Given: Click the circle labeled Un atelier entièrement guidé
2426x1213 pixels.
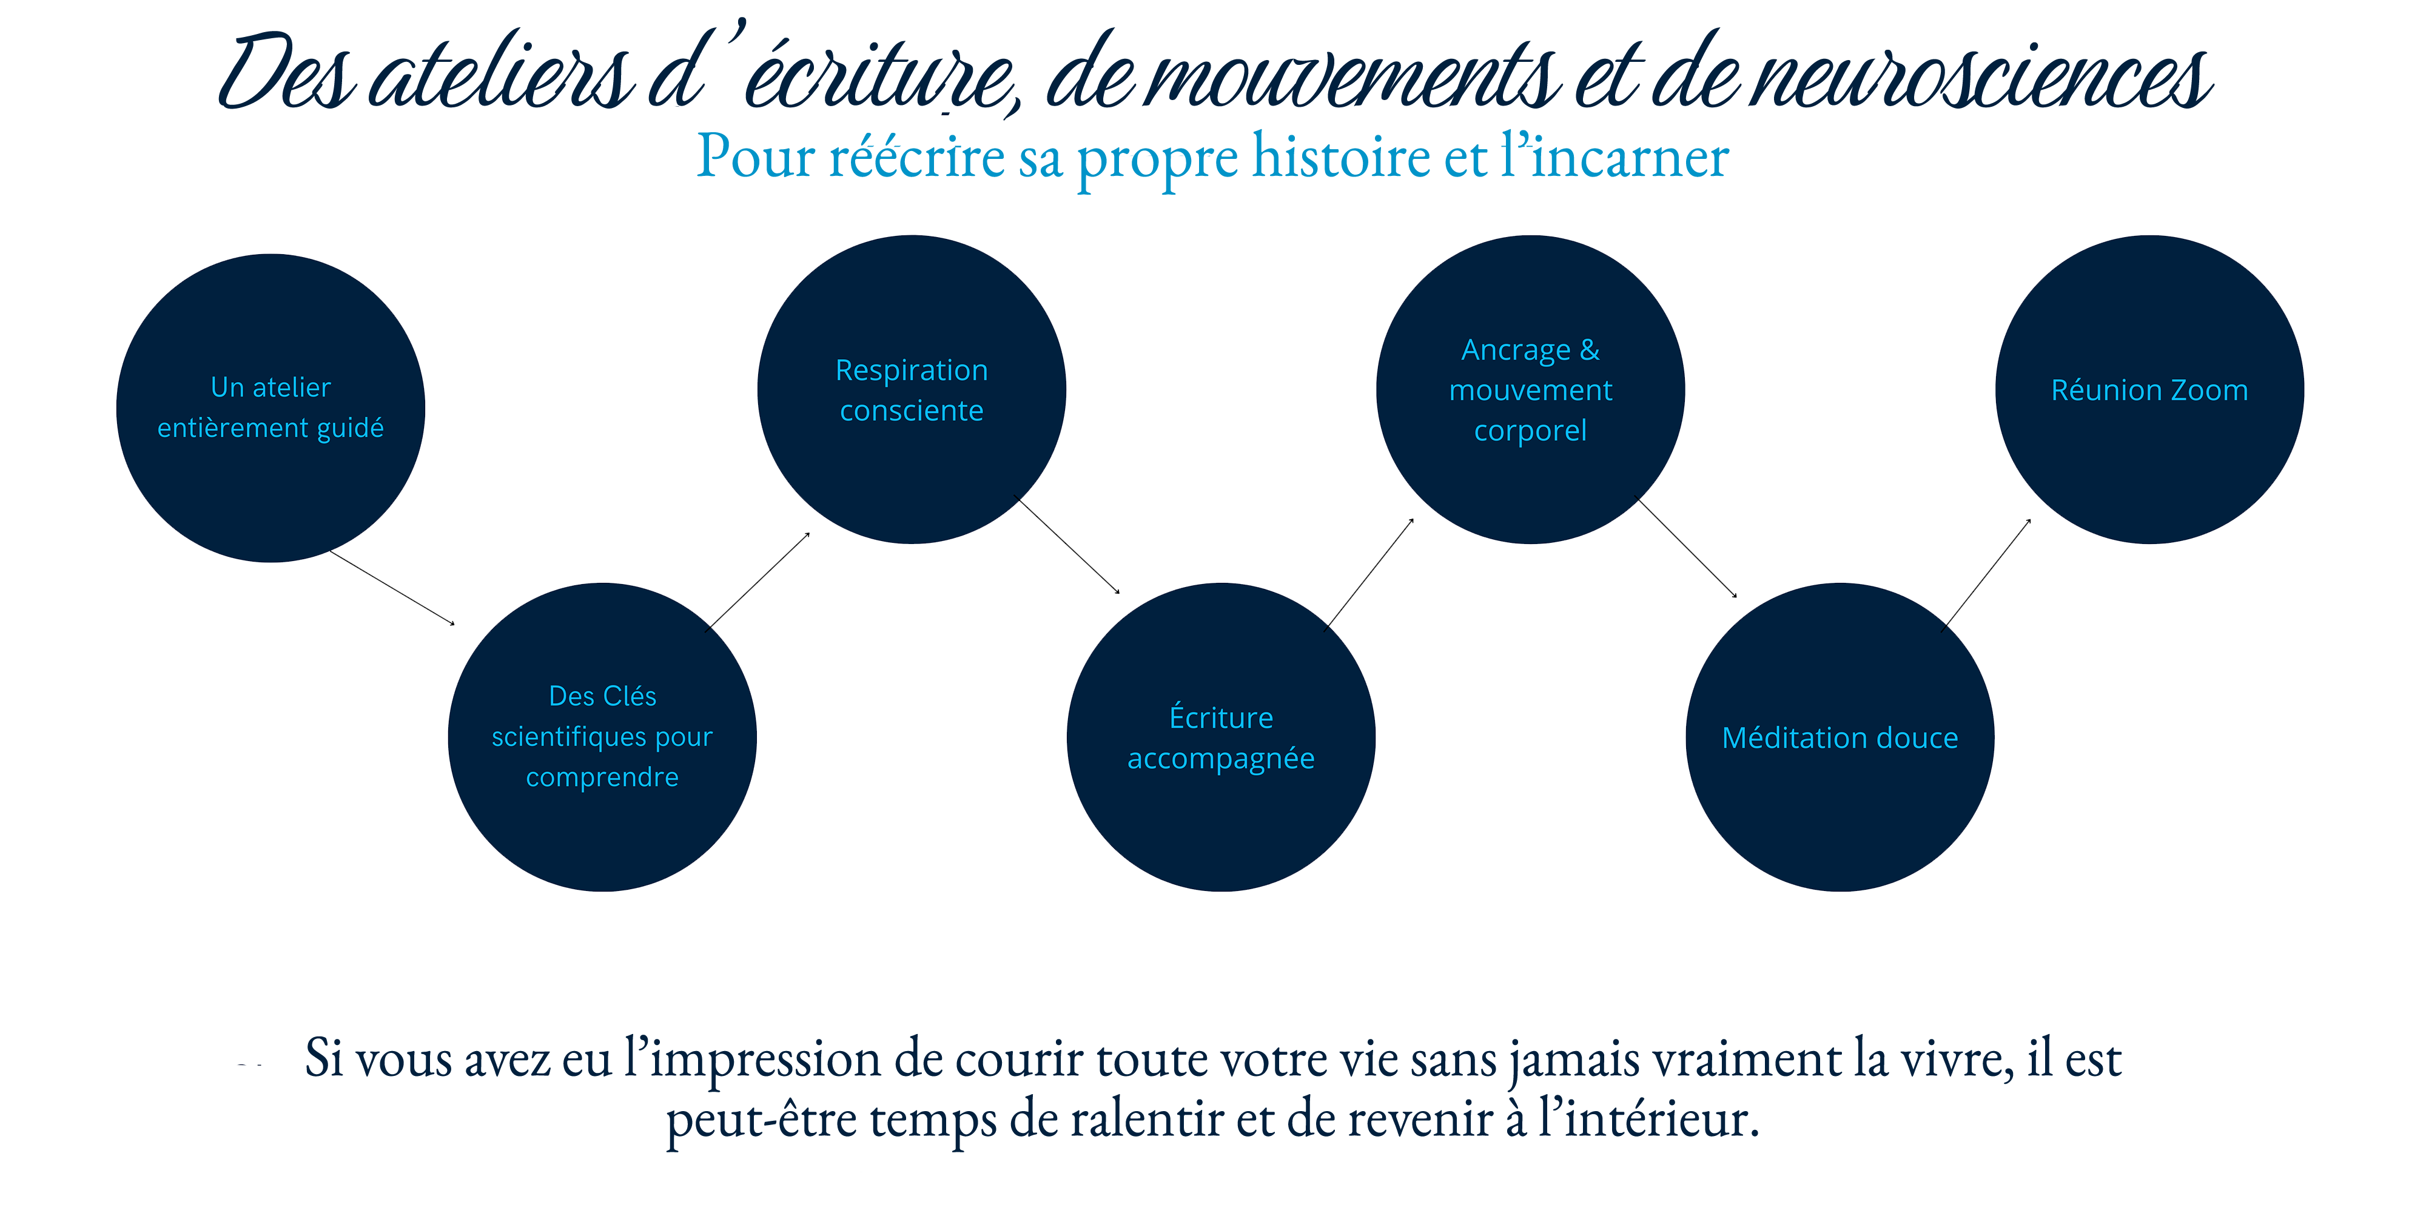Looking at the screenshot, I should [x=270, y=408].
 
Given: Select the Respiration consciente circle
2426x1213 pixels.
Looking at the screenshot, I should [x=911, y=389].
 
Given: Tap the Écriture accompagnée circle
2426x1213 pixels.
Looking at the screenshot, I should [x=1220, y=738].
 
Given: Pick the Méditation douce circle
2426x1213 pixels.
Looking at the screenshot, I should [x=1840, y=738].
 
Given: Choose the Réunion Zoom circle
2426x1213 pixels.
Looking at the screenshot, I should [x=2149, y=389].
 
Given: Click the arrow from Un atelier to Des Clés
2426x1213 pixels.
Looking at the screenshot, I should [x=392, y=588].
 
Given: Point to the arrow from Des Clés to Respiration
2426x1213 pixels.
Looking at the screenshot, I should [x=759, y=579].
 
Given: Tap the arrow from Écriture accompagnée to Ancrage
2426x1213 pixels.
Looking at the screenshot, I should [x=1370, y=572].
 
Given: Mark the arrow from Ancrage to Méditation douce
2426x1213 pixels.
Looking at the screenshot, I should [x=1688, y=548].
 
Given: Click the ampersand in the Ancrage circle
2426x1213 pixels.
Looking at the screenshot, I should [x=1590, y=349].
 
